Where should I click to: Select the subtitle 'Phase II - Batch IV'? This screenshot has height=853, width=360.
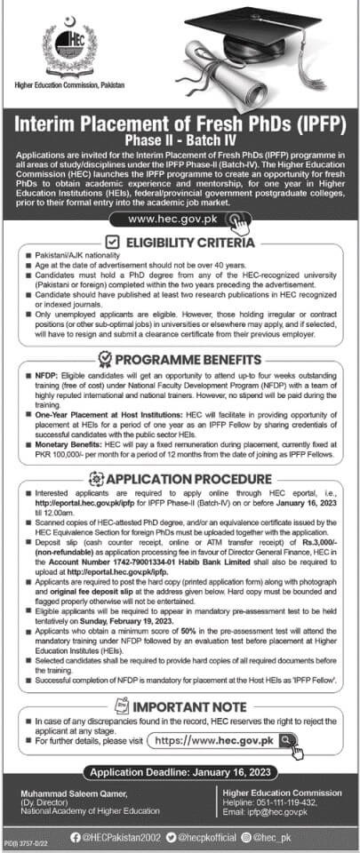point(180,140)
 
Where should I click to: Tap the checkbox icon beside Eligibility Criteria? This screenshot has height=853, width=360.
point(112,241)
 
